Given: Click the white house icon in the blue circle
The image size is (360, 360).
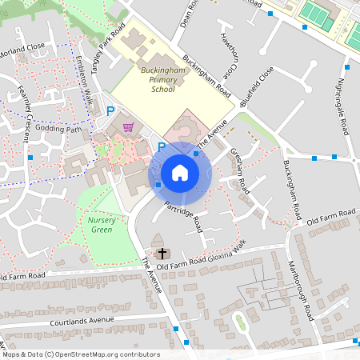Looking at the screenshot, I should [x=180, y=171].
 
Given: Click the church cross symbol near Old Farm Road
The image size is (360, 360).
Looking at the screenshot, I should [x=157, y=241].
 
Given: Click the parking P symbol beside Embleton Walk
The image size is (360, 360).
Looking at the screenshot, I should [x=111, y=112].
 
